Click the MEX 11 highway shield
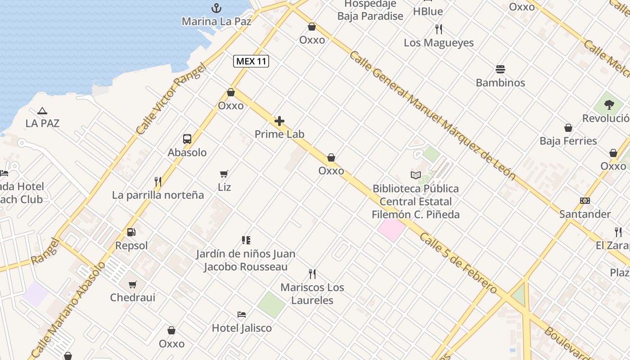pos(251,61)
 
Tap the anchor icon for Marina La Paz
pos(216,8)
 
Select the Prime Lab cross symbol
pos(279,121)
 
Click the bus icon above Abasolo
pos(187,139)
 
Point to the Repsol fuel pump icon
pos(131,232)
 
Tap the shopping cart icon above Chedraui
pos(133,284)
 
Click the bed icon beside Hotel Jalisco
pos(242,314)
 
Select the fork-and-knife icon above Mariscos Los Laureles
pos(312,274)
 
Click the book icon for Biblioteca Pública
pos(415,175)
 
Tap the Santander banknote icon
pos(585,201)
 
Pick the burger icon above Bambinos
pos(500,69)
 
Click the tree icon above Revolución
pos(609,105)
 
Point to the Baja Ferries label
pos(568,141)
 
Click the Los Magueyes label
pos(438,43)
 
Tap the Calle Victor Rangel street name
pos(171,99)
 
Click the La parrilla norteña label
pos(158,195)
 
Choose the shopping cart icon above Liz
pos(224,174)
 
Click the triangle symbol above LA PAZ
pos(42,111)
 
